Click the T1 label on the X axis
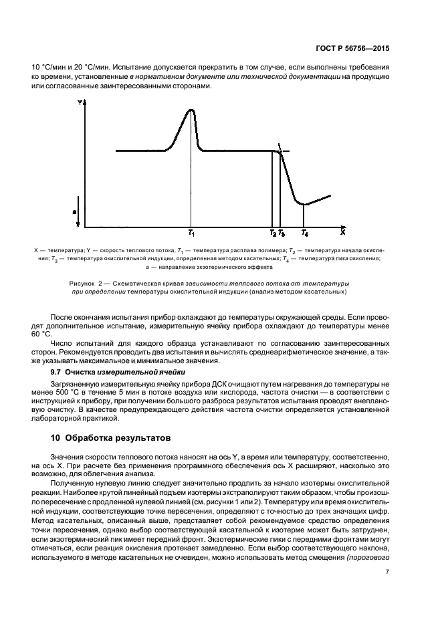pyautogui.click(x=191, y=233)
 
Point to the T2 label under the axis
pyautogui.click(x=272, y=233)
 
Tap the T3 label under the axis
pyautogui.click(x=281, y=233)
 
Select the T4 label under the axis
pyautogui.click(x=305, y=233)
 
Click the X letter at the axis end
pyautogui.click(x=342, y=233)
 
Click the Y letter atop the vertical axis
pyautogui.click(x=79, y=103)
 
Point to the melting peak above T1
pyautogui.click(x=191, y=110)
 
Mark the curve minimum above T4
pyautogui.click(x=304, y=204)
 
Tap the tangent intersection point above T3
pyautogui.click(x=280, y=151)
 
